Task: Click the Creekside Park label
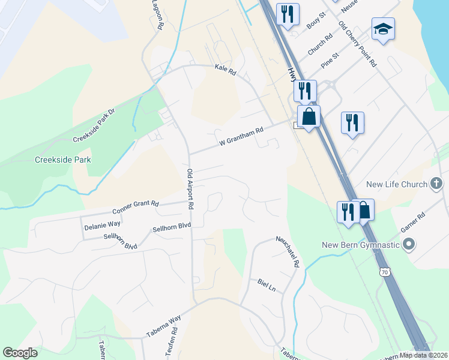(x=63, y=160)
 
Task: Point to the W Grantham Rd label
(x=241, y=141)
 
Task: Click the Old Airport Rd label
(x=190, y=188)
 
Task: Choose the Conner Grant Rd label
(x=135, y=208)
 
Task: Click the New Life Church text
(x=396, y=184)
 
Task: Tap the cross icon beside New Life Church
(x=436, y=184)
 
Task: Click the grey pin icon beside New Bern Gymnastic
(x=409, y=244)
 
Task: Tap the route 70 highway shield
(x=385, y=272)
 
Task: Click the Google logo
(x=20, y=353)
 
